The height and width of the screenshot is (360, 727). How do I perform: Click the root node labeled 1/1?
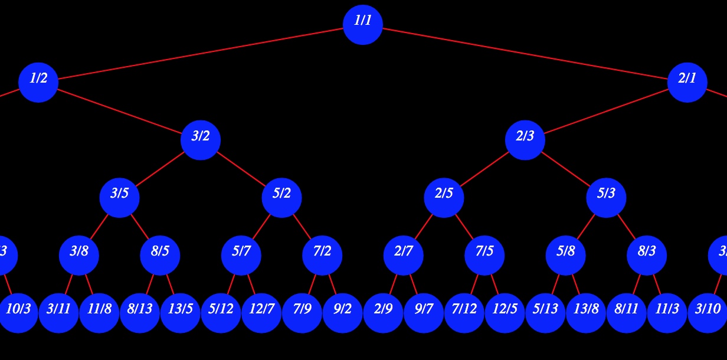(363, 24)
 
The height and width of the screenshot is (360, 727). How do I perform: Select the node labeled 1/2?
(38, 82)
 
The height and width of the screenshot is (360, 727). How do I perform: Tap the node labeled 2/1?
(687, 82)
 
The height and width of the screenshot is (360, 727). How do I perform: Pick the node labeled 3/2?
(201, 140)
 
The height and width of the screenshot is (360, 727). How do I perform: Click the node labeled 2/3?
(525, 140)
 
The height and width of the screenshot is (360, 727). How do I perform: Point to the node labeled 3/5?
(119, 197)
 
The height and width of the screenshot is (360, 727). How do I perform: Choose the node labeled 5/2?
(281, 197)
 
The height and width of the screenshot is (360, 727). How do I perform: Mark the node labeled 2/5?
(444, 197)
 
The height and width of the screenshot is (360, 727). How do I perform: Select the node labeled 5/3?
(606, 197)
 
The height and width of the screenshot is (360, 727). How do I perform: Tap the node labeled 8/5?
(160, 255)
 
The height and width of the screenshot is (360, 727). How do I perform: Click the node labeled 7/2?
(322, 255)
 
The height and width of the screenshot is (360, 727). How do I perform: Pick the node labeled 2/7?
(404, 255)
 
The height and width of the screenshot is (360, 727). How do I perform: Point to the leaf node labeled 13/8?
(586, 313)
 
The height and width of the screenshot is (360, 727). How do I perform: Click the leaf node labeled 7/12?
(464, 313)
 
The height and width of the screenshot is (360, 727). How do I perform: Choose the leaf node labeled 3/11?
(58, 313)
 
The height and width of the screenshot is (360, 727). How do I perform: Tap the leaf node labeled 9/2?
(342, 313)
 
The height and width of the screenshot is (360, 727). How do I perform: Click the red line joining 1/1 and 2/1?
(525, 53)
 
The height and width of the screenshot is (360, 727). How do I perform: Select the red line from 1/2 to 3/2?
(119, 111)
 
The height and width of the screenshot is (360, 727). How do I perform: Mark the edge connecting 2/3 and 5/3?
(565, 169)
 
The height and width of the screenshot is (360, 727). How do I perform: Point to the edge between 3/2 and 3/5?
(160, 169)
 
